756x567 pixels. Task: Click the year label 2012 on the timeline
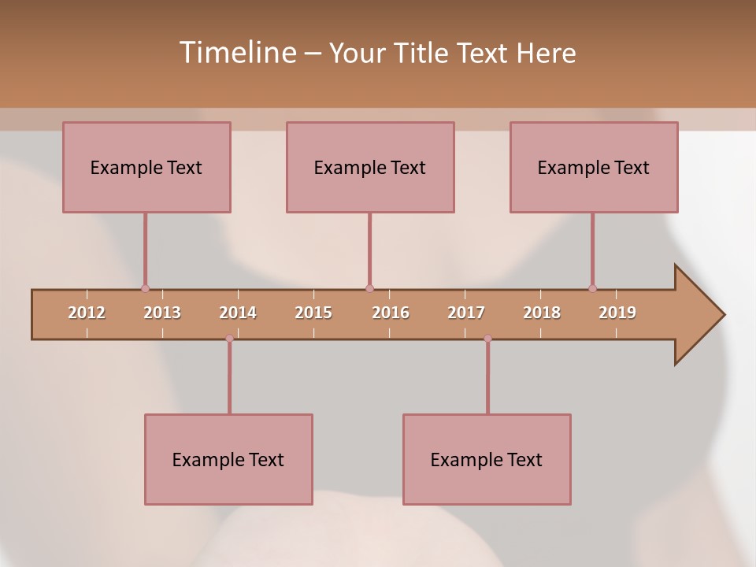pos(87,313)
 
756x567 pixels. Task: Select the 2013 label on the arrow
pos(162,313)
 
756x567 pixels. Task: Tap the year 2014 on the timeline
pos(238,313)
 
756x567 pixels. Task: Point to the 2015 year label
pos(313,313)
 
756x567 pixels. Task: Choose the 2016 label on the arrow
pos(391,313)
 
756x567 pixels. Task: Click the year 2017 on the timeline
pos(466,313)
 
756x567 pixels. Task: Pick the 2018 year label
pos(542,313)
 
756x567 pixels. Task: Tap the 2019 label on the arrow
pos(617,313)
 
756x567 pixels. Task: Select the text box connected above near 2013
pos(146,167)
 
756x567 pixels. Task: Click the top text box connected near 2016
pos(370,167)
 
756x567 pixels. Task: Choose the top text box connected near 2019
pos(594,167)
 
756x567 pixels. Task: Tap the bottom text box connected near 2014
pos(228,459)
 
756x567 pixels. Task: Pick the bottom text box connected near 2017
pos(487,459)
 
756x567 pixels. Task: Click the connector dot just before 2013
pos(145,288)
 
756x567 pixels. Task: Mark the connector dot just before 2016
pos(369,288)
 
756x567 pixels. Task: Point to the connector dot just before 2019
pos(592,288)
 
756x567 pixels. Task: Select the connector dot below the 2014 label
pos(229,339)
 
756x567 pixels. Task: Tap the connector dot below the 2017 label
pos(487,339)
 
